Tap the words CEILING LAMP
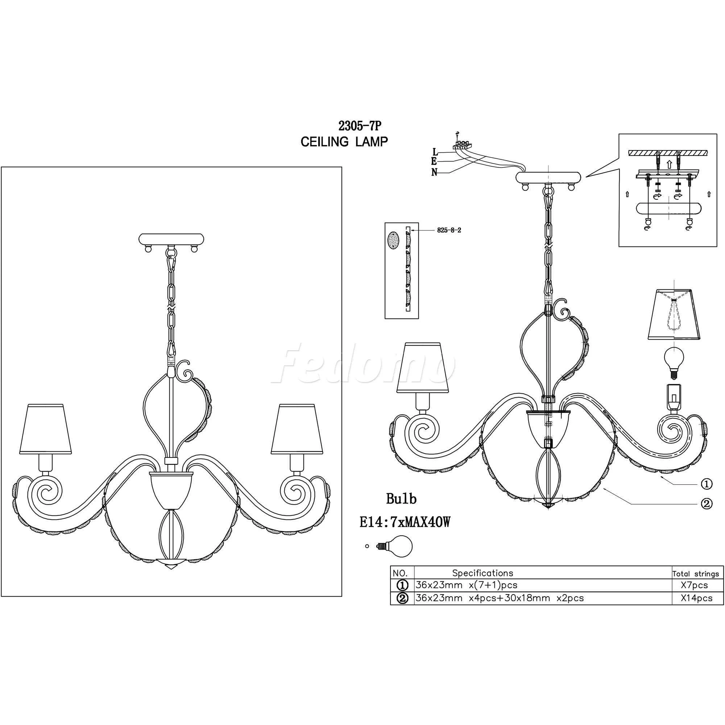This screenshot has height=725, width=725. pos(344,142)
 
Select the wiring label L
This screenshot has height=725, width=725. pos(435,152)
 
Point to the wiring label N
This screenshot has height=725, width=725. pos(435,173)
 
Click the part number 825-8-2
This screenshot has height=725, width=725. pos(449,231)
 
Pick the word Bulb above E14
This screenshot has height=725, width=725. pos(402,499)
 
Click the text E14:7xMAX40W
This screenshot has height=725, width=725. pos(405,523)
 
